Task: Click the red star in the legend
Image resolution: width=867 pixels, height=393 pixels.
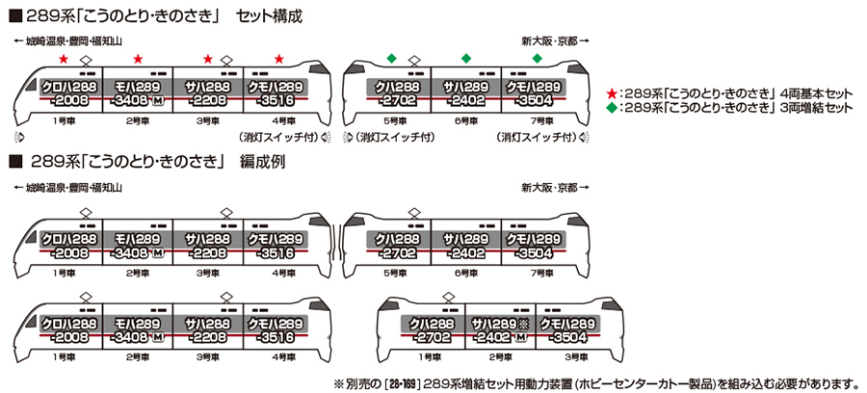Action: pos(611,94)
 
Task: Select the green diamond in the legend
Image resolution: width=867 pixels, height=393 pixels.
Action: pos(611,108)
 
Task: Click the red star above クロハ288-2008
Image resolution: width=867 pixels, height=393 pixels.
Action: pos(64,60)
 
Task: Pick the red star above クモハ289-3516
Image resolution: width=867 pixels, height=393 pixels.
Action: pos(278,60)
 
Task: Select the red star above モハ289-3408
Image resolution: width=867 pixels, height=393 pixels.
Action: pos(137,60)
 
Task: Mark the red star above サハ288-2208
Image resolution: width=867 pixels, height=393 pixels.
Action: pos(208,60)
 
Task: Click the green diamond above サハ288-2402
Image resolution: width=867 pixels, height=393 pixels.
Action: pos(464,60)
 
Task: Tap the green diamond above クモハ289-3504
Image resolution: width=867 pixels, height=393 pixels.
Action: pos(538,60)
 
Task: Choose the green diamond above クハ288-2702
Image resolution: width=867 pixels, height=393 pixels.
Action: pos(390,60)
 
